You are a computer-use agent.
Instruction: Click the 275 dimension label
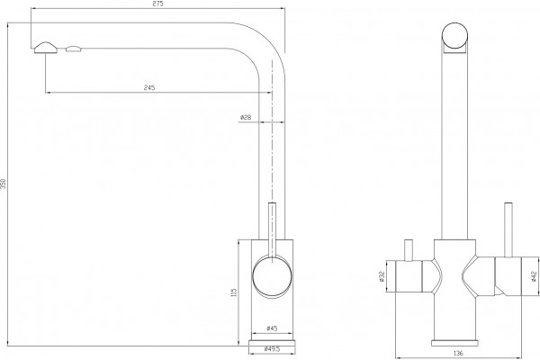coord(158,4)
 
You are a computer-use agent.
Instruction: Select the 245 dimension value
coord(149,87)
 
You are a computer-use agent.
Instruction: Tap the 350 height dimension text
coord(3,184)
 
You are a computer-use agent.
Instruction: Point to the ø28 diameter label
coord(246,117)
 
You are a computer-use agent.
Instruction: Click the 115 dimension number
coord(234,292)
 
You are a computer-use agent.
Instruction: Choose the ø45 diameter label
coord(272,328)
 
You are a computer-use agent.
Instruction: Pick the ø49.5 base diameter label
coord(272,349)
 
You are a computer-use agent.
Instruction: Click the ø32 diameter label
coord(382,276)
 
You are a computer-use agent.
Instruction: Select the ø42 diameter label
coord(535,276)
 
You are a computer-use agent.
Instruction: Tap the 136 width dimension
coord(458,353)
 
